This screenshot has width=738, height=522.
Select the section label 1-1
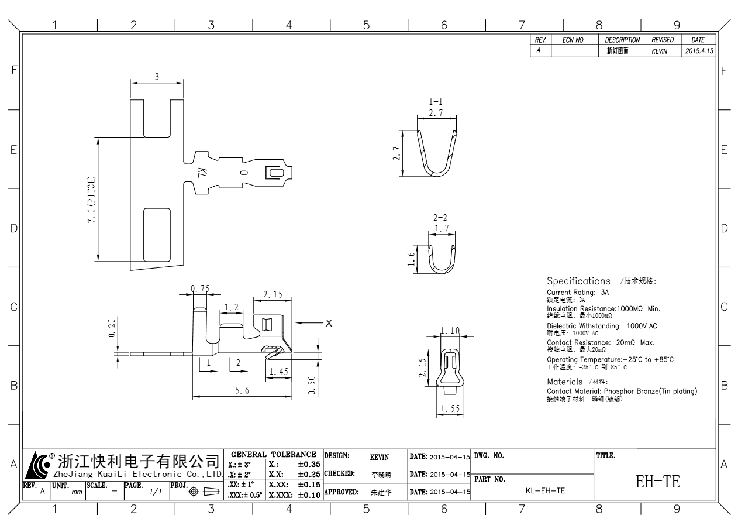point(436,102)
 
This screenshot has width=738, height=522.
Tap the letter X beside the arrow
point(329,322)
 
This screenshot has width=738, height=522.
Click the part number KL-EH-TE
point(545,491)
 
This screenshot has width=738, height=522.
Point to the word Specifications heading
point(578,281)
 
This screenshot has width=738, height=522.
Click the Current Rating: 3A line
point(578,291)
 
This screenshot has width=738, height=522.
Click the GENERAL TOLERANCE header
point(274,455)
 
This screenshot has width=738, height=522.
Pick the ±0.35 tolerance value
point(309,464)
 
